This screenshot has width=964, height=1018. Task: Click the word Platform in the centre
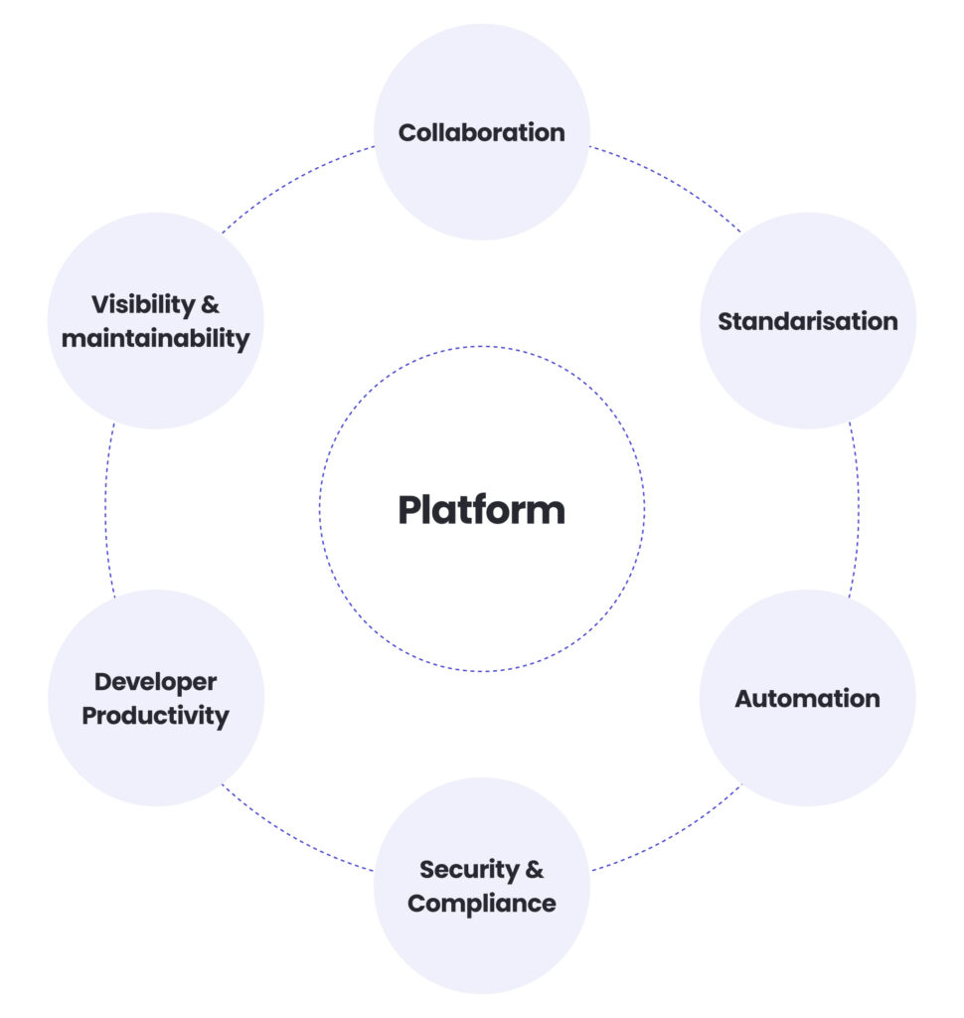coord(481,510)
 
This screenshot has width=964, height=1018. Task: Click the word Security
coord(468,870)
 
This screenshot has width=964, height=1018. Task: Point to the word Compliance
coord(481,904)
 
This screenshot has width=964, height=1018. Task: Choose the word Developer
coord(155,682)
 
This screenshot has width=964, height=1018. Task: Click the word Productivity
coord(155,716)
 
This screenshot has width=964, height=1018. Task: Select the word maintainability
coord(155,338)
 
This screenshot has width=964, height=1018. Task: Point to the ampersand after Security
coord(534,870)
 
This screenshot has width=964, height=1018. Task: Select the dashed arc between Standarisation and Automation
coord(858,509)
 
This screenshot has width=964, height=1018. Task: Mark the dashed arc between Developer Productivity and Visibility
coord(105,509)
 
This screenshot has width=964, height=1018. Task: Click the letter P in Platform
coord(410,510)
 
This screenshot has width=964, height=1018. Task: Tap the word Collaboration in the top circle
coord(481,132)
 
